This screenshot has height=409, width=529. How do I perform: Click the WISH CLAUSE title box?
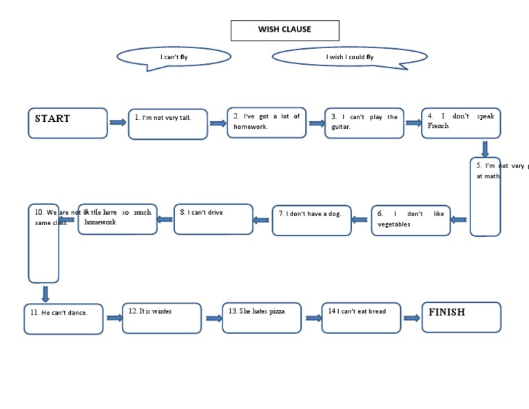pyautogui.click(x=284, y=30)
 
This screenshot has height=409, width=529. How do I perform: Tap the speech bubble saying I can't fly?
pyautogui.click(x=174, y=56)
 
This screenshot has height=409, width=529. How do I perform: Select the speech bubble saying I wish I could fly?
pyautogui.click(x=350, y=56)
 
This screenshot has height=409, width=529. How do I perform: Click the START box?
pyautogui.click(x=68, y=123)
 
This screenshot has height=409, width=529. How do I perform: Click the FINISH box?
pyautogui.click(x=461, y=317)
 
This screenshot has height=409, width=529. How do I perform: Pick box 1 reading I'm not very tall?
pyautogui.click(x=167, y=124)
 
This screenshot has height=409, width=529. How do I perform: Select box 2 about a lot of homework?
pyautogui.click(x=267, y=123)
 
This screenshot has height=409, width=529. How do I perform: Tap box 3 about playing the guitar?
pyautogui.click(x=364, y=123)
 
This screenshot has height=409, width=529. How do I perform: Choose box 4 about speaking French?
pyautogui.click(x=461, y=123)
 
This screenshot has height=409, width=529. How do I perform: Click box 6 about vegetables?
pyautogui.click(x=411, y=220)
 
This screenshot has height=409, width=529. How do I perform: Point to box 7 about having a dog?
pyautogui.click(x=311, y=220)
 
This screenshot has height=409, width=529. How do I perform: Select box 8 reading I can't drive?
pyautogui.click(x=214, y=219)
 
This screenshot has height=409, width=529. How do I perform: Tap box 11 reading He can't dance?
pyautogui.click(x=63, y=319)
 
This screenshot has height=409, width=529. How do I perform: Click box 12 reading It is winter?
pyautogui.click(x=162, y=318)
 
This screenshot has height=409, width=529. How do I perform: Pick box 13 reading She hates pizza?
pyautogui.click(x=262, y=317)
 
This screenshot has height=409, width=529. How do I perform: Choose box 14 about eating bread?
pyautogui.click(x=361, y=317)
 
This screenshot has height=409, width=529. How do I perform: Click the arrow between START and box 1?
pyautogui.click(x=118, y=123)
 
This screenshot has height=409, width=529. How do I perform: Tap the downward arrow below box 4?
pyautogui.click(x=485, y=148)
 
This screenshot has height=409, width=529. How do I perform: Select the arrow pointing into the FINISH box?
pyautogui.click(x=411, y=318)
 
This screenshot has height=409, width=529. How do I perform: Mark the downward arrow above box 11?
pyautogui.click(x=45, y=293)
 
